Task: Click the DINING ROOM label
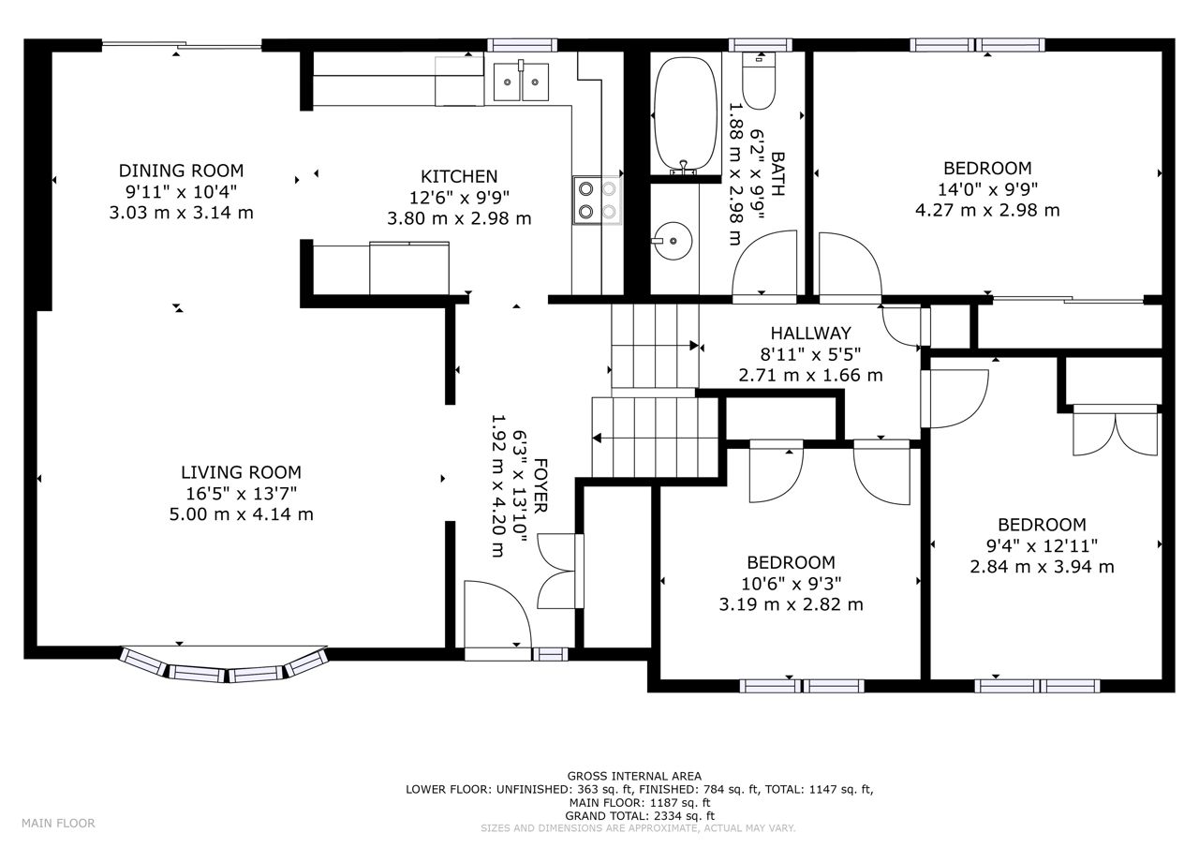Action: [181, 171]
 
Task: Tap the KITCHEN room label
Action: [459, 177]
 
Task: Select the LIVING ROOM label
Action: [241, 472]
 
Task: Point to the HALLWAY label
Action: [810, 333]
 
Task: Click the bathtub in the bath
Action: [686, 115]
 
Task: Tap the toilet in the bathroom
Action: [759, 81]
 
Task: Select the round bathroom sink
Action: [673, 241]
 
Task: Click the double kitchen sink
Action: [521, 82]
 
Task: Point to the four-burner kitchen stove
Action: [598, 201]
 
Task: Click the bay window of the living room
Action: [224, 666]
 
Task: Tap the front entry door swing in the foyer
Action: [497, 615]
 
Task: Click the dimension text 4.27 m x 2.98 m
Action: [987, 211]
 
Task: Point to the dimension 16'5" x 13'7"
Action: [241, 493]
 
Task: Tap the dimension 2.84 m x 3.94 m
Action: [1042, 566]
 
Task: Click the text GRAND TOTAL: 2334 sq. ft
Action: [640, 816]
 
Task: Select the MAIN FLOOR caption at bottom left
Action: [58, 823]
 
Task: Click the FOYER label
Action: [540, 485]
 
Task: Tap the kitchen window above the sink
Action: [522, 45]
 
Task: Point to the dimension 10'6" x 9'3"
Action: [791, 584]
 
